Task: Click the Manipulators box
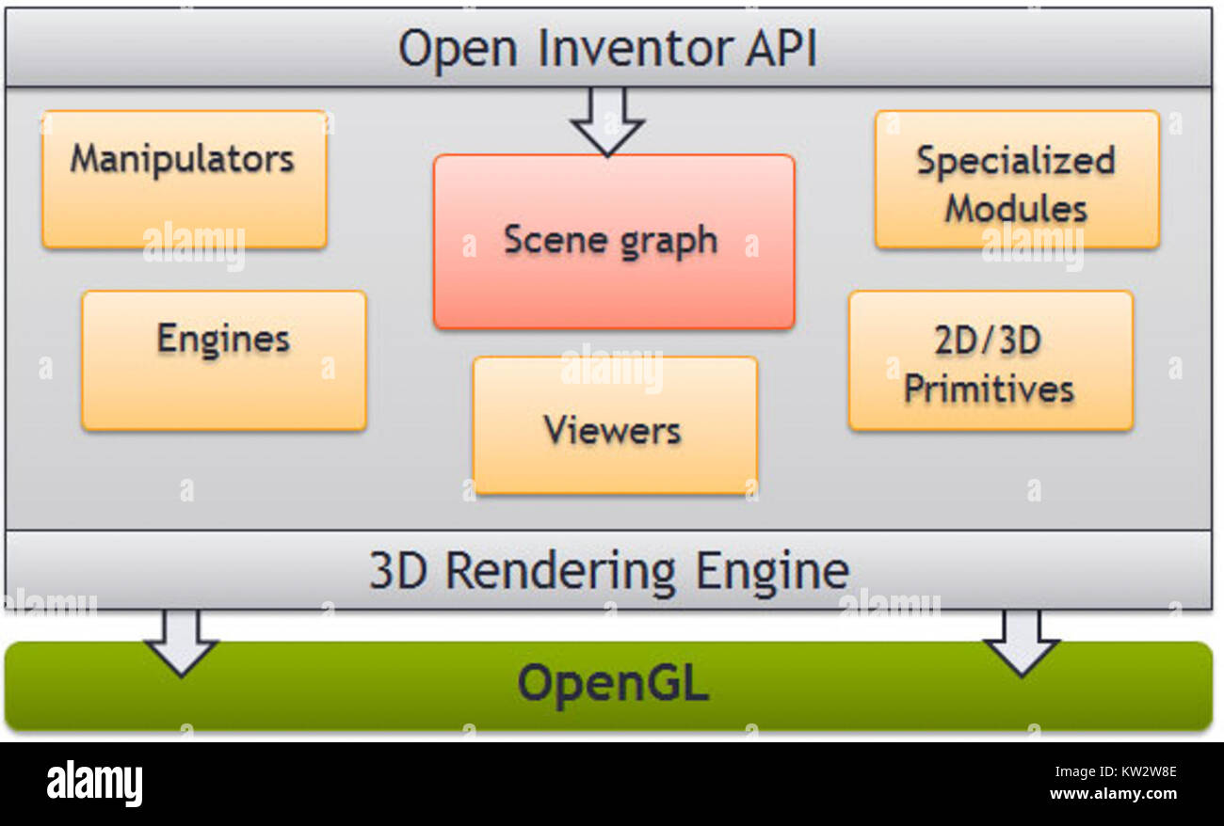[184, 180]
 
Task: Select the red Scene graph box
[613, 242]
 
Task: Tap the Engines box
[223, 360]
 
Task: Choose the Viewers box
[614, 425]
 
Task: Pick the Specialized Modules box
[1016, 180]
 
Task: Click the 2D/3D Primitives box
[990, 360]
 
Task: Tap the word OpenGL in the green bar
[612, 684]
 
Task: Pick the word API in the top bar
[781, 49]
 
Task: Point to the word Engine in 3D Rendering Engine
[772, 571]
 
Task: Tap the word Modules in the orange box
[1015, 208]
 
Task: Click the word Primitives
[989, 389]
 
